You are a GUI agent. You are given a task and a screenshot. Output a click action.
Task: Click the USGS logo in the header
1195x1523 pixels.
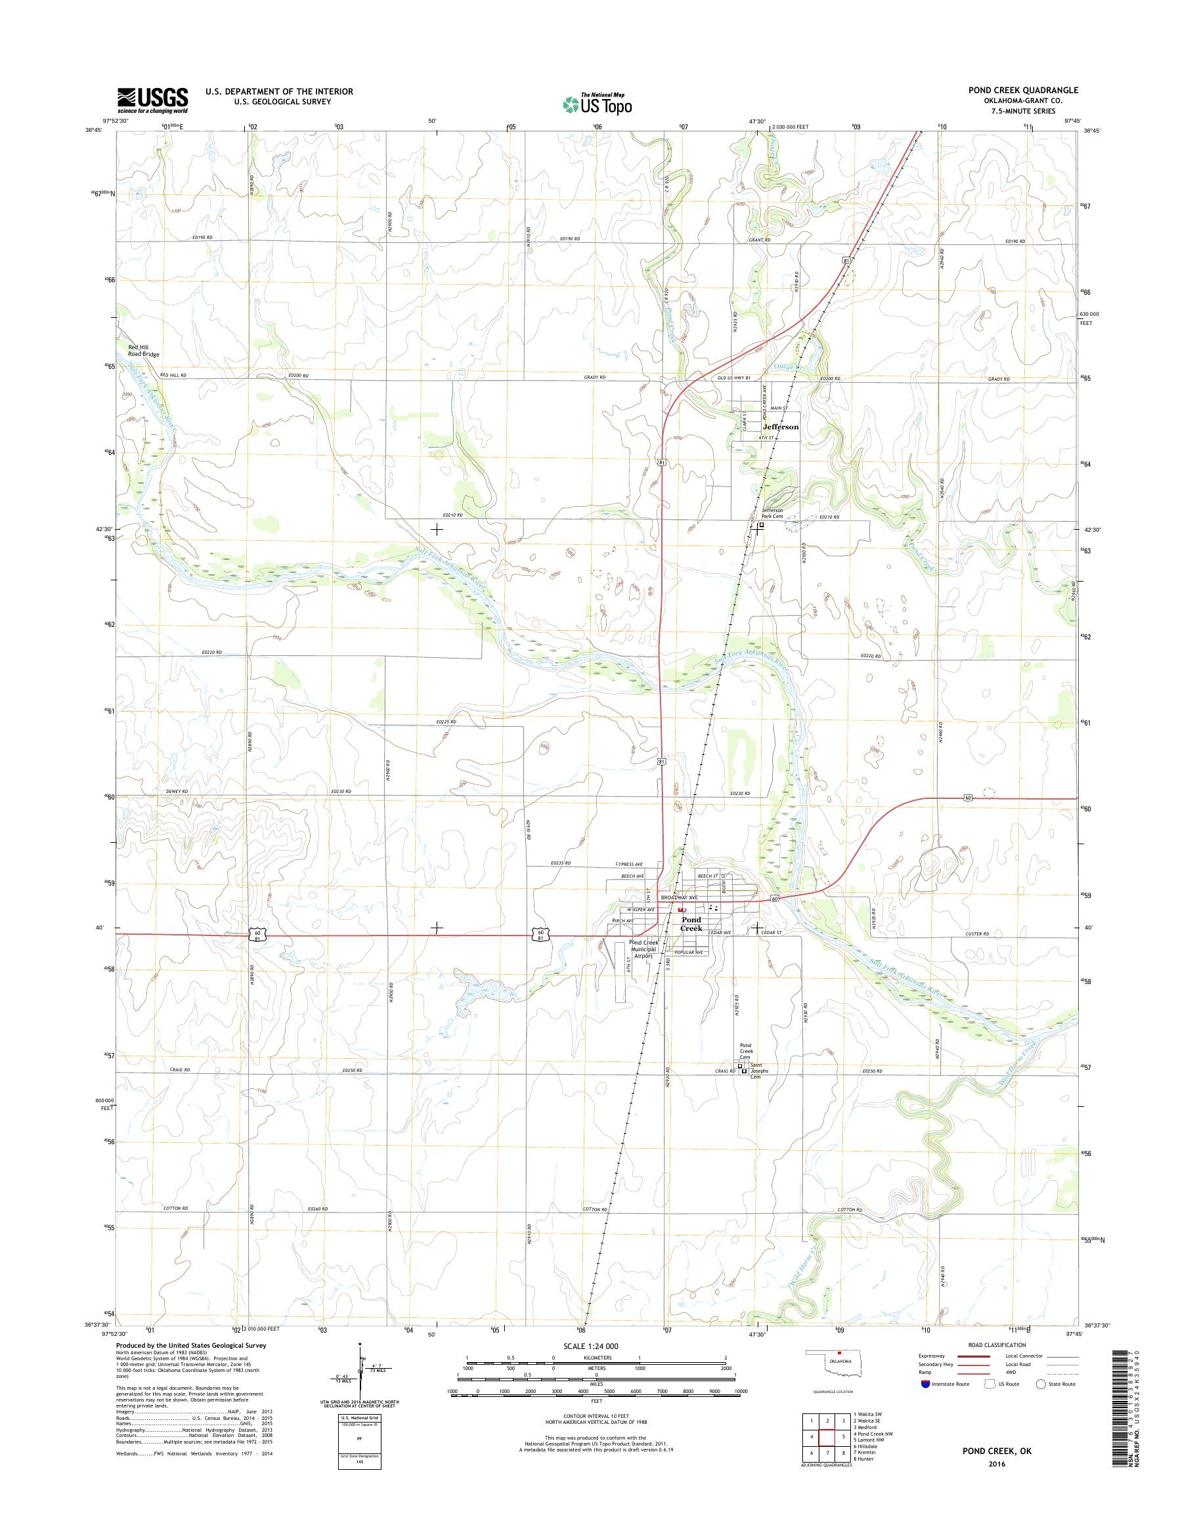pyautogui.click(x=152, y=100)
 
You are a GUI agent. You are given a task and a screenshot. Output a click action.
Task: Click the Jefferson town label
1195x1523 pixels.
pyautogui.click(x=780, y=426)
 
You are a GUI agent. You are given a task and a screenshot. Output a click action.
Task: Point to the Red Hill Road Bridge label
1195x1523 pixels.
pyautogui.click(x=142, y=351)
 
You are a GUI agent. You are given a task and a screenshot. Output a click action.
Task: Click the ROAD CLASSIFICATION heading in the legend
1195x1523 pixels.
pyautogui.click(x=997, y=1344)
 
